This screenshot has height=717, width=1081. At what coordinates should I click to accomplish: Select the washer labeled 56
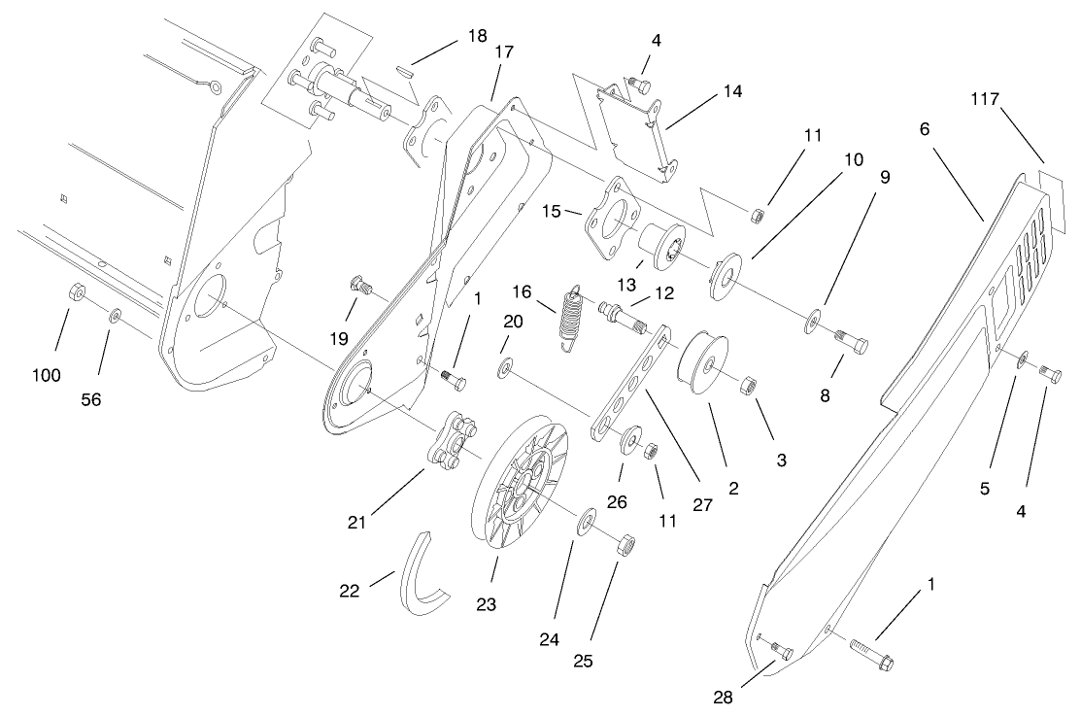point(115,315)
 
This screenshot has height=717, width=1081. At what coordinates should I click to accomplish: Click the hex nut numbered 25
point(625,545)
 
